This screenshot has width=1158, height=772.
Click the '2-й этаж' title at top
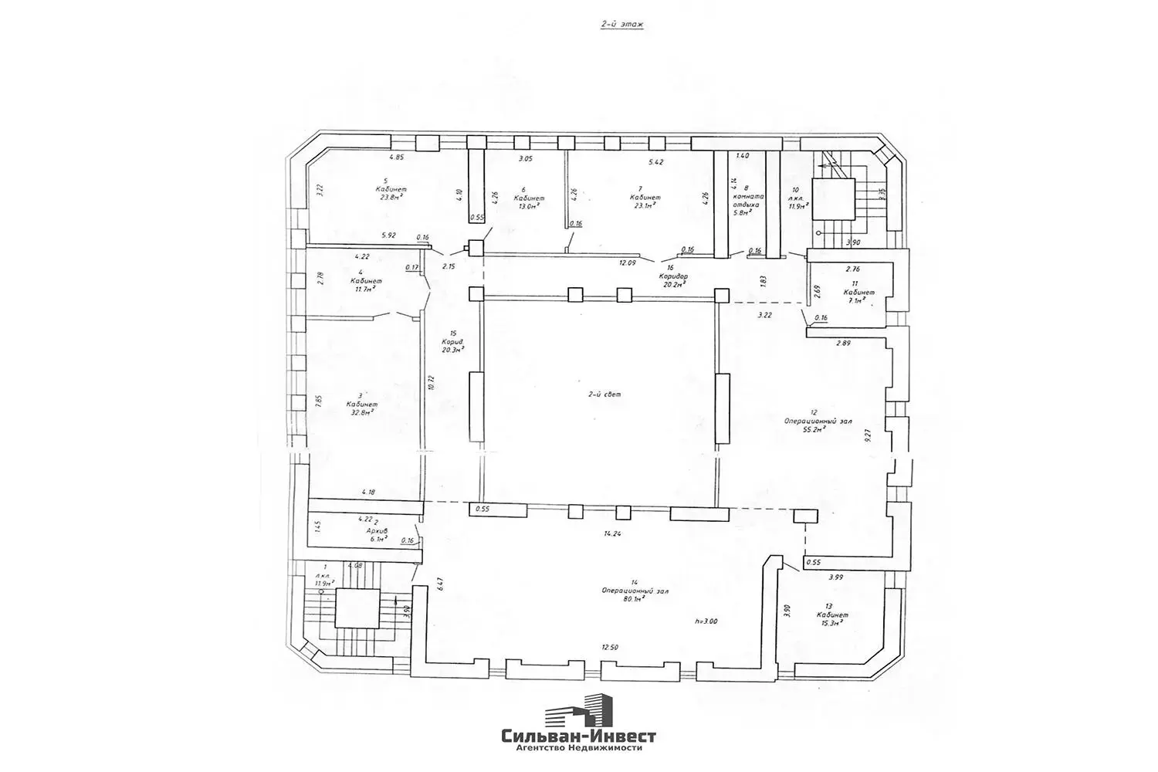point(621,25)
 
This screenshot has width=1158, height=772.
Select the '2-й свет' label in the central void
point(604,394)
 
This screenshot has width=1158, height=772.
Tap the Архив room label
point(377,531)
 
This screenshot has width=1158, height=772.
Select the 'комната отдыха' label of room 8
point(747,201)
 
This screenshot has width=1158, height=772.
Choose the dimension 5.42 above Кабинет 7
point(656,162)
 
